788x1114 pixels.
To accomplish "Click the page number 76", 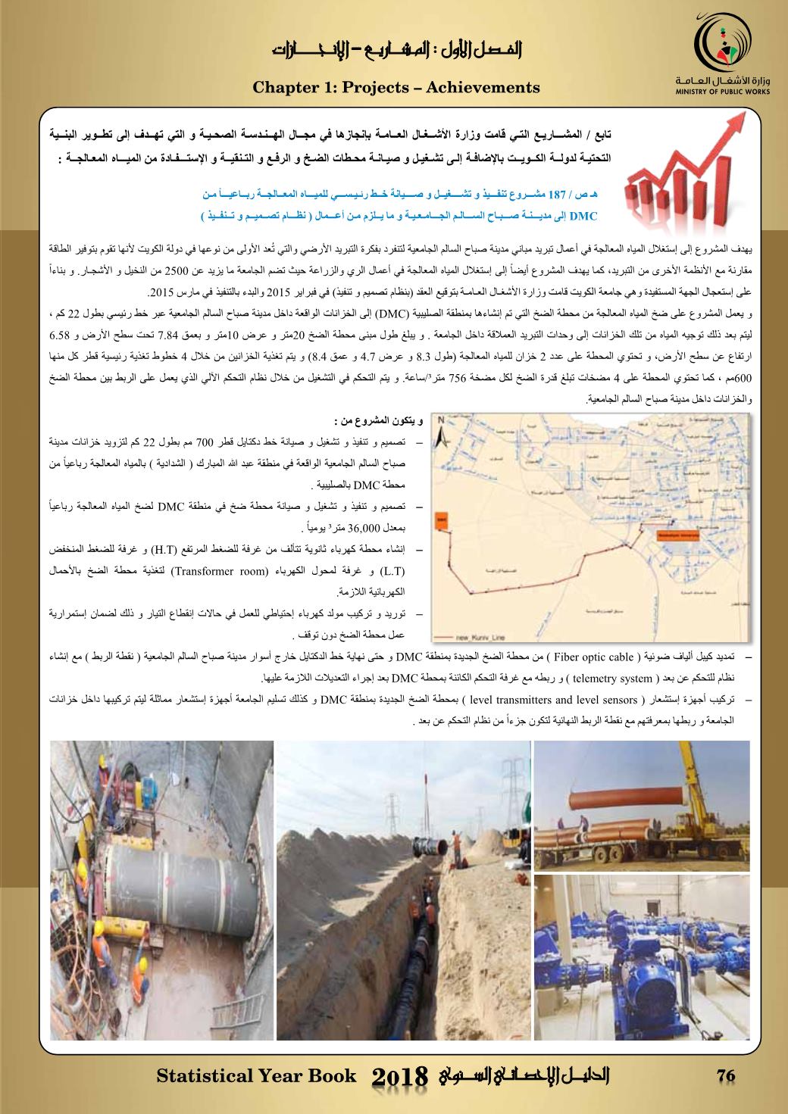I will pos(725,1075).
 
